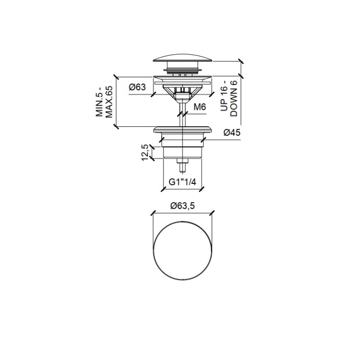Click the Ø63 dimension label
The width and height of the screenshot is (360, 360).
(137, 87)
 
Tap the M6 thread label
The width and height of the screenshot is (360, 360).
(200, 107)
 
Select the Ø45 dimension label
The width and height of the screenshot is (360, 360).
(232, 132)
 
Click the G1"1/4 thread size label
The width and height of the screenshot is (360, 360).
(182, 182)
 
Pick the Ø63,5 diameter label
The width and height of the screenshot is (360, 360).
(182, 206)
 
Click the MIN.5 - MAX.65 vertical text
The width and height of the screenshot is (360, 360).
(104, 102)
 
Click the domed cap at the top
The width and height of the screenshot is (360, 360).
(183, 58)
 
